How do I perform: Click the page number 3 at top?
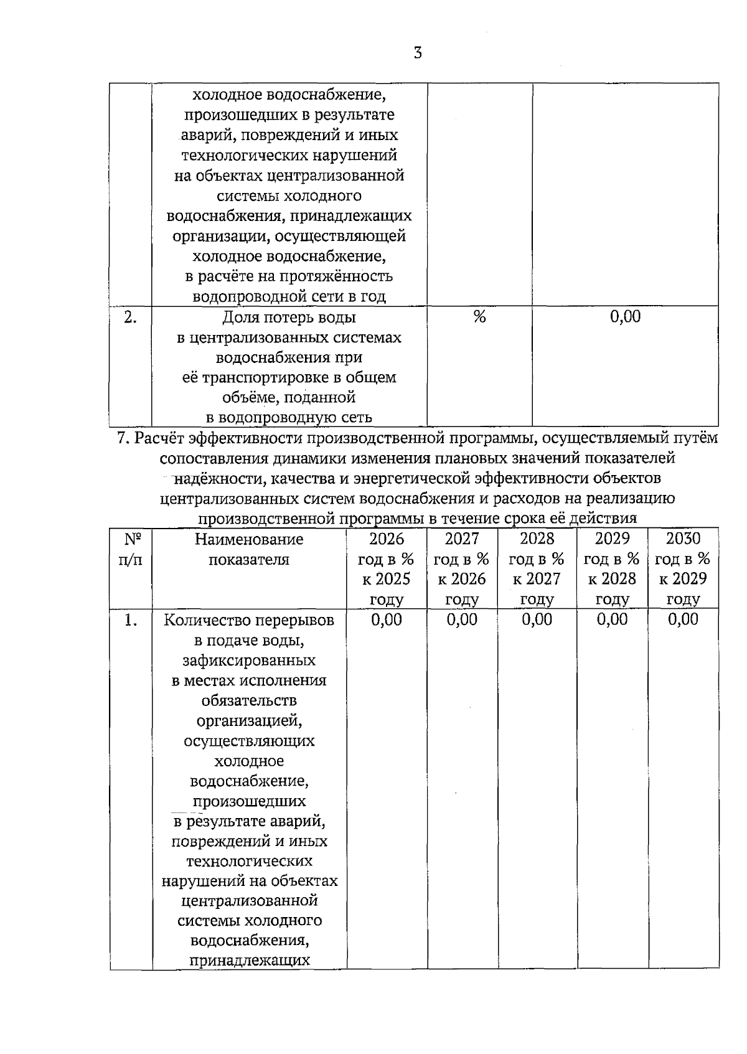click(x=418, y=54)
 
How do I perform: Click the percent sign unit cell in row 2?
click(x=479, y=317)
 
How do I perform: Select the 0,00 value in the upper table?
click(x=625, y=317)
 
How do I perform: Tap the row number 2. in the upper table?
click(x=130, y=318)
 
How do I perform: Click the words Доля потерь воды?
click(x=289, y=318)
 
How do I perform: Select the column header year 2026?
click(x=387, y=539)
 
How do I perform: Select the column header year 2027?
click(x=462, y=539)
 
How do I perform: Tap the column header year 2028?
click(x=537, y=539)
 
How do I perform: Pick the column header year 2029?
click(x=612, y=539)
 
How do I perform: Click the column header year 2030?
click(x=683, y=539)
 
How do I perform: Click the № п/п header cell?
click(x=130, y=549)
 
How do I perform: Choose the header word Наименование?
click(x=249, y=539)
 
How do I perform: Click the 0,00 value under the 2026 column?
click(x=387, y=619)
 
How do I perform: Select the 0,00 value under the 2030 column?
click(x=683, y=619)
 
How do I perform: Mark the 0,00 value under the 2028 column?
click(x=537, y=619)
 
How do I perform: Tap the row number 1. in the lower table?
click(x=130, y=620)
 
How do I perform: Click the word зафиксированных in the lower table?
click(x=249, y=661)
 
